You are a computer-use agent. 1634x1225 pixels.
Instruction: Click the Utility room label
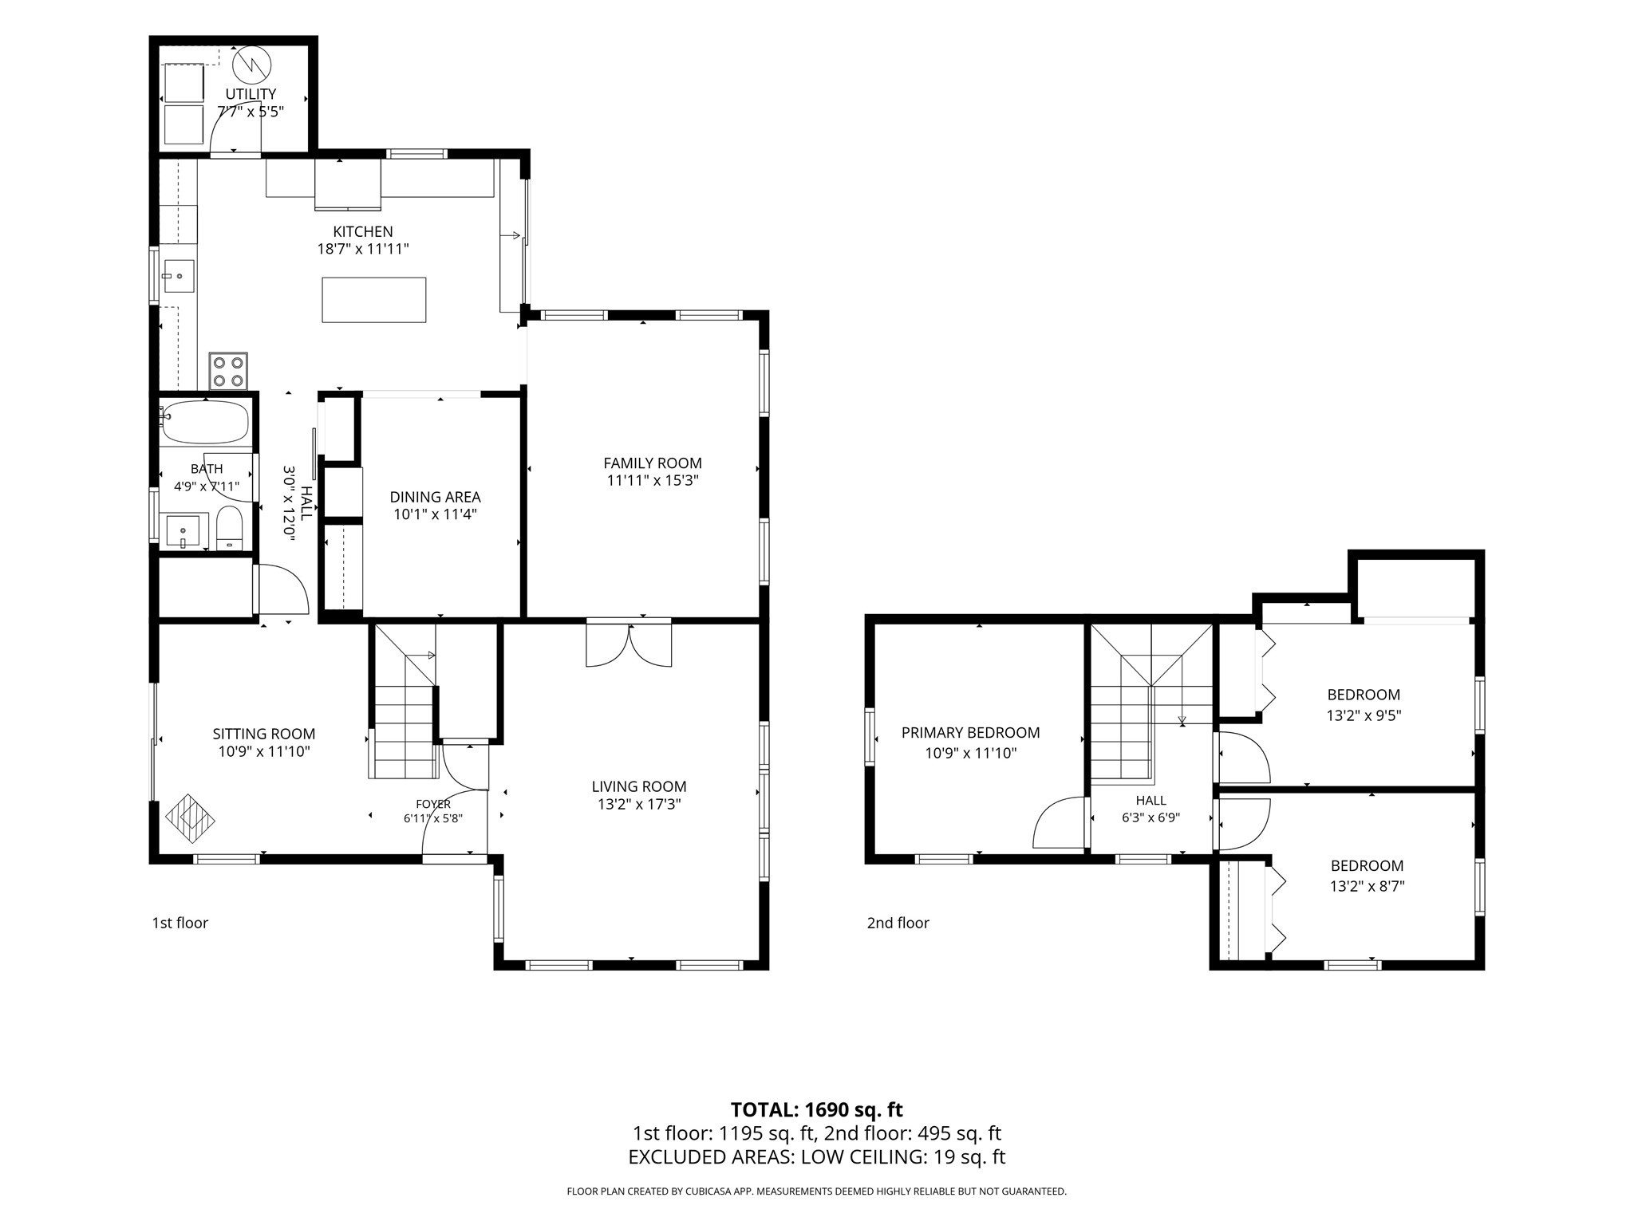(251, 94)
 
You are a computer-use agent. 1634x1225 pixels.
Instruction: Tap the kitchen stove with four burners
(228, 370)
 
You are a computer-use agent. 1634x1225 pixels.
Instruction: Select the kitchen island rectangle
(373, 300)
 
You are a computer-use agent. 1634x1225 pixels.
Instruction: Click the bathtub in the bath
(205, 422)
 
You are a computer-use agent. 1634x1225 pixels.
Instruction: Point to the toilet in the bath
(229, 527)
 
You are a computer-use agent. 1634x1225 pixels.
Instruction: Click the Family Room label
(653, 463)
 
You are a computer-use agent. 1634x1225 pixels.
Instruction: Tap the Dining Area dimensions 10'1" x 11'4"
(435, 514)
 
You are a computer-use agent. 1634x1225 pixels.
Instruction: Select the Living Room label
(639, 786)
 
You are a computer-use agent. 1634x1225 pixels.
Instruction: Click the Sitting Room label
(264, 734)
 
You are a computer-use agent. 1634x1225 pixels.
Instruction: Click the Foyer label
(433, 804)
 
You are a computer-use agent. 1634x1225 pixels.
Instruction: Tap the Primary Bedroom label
(970, 732)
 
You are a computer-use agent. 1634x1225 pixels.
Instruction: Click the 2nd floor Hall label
(1151, 800)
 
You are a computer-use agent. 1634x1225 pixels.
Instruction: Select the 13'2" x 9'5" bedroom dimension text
(1364, 715)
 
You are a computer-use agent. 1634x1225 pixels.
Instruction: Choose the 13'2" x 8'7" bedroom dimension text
(1367, 885)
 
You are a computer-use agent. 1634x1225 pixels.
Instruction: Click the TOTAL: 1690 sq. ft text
(816, 1109)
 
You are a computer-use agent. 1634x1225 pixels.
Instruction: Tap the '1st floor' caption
(180, 923)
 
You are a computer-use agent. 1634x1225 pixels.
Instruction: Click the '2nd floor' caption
(898, 923)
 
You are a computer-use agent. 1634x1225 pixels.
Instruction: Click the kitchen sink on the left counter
(178, 276)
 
